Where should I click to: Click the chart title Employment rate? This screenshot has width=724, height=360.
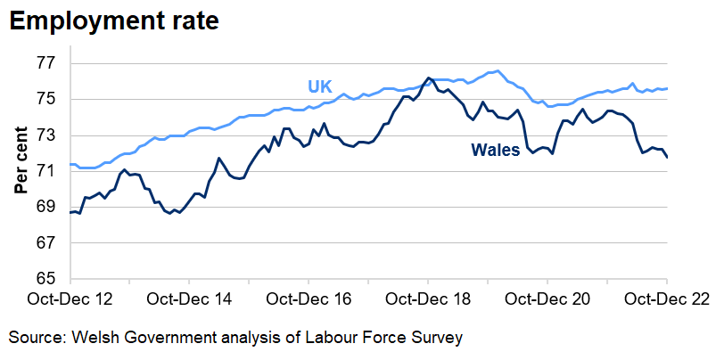point(113,20)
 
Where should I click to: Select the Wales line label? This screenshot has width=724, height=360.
point(496,151)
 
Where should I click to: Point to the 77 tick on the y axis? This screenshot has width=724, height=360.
point(46,63)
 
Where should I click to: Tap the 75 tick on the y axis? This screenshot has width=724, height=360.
point(46,99)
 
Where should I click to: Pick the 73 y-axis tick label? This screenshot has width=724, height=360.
point(46,135)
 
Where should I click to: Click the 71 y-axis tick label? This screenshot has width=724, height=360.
point(46,171)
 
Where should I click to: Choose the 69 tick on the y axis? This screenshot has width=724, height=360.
point(46,207)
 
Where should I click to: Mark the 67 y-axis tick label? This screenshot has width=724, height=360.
point(46,242)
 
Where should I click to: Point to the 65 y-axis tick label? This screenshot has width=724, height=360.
point(46,279)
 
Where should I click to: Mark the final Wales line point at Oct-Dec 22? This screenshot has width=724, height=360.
point(667,158)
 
